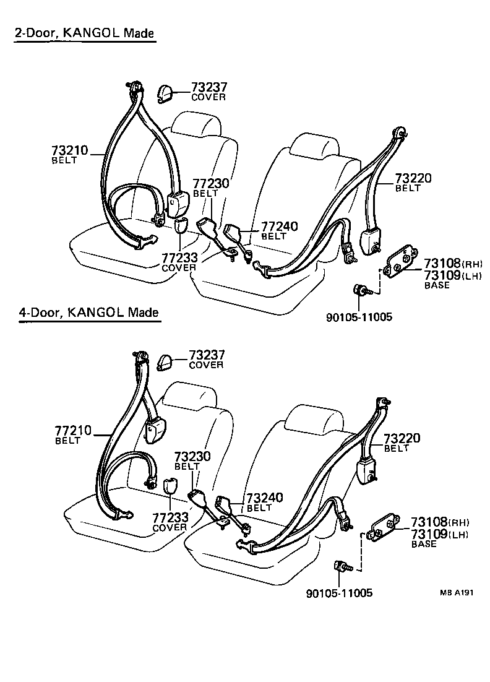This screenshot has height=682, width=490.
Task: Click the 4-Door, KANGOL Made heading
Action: click(x=89, y=313)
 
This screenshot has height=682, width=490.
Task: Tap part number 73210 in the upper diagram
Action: click(x=69, y=150)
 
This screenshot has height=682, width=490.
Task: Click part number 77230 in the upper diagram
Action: click(x=210, y=184)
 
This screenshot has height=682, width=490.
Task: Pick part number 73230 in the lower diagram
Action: click(x=192, y=457)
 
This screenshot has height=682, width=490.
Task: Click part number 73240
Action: click(x=265, y=498)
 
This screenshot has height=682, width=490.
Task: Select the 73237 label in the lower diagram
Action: click(x=207, y=355)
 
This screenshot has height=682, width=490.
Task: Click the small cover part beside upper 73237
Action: click(x=165, y=93)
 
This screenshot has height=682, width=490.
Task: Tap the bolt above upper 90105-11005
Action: click(x=359, y=290)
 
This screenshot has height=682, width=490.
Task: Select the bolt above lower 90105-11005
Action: click(x=341, y=566)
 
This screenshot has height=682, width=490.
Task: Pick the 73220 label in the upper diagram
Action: click(x=413, y=179)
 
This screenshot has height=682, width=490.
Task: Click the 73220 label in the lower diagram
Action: click(x=402, y=439)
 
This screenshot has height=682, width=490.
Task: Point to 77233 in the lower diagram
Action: click(x=170, y=519)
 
